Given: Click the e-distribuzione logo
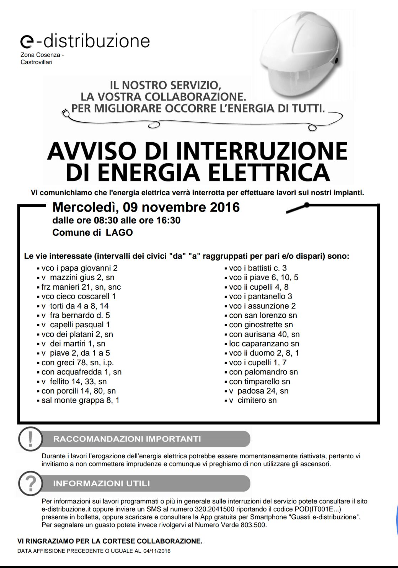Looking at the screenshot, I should tap(85, 41).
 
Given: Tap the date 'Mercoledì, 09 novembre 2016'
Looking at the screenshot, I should tap(146, 207).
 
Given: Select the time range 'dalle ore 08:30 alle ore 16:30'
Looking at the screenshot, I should tap(116, 220).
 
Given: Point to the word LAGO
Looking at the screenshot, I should tap(119, 233).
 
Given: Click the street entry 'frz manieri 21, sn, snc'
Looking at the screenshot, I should tap(81, 287).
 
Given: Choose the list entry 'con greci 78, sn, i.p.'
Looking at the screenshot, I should tap(77, 362).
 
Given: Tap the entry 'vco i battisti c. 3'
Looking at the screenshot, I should tap(258, 268).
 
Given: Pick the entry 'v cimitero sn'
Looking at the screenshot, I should tap(252, 400).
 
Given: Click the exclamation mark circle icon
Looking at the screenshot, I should tap(30, 439).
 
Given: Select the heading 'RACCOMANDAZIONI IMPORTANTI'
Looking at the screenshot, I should tap(127, 439).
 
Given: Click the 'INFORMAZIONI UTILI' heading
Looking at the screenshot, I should tap(101, 484).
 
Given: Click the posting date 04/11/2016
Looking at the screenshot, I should tap(157, 551).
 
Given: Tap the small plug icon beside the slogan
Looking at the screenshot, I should tap(65, 112).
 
